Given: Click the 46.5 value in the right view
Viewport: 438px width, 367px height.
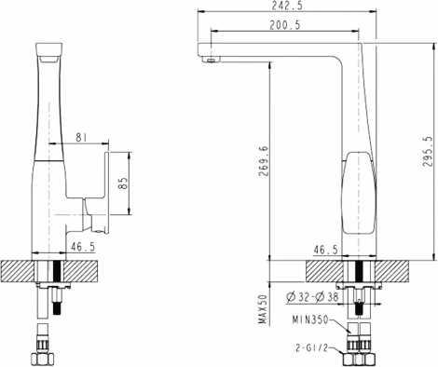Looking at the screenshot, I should click(325, 250).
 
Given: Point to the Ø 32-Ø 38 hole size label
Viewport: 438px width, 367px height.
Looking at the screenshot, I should click(313, 297).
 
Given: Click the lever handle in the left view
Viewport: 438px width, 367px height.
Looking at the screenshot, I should click(96, 186).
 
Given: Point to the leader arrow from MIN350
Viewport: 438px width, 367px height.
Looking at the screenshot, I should click(342, 325).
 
